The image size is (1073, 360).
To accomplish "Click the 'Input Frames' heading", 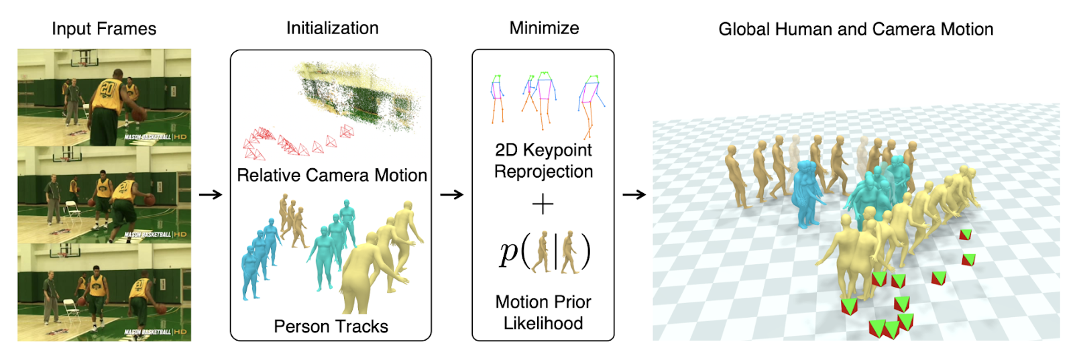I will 104,29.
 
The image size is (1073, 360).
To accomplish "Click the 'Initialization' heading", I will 332,28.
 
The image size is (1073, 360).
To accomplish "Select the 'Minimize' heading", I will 544,28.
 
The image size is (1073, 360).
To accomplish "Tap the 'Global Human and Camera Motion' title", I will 856,29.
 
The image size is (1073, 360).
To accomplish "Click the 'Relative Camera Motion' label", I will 332,176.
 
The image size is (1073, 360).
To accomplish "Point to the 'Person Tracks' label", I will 331,326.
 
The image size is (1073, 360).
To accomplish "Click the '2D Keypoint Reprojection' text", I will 543,161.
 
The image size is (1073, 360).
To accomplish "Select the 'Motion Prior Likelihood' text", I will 543,312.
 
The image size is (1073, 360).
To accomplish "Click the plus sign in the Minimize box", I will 543,204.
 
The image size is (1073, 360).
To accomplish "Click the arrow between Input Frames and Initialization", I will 211,195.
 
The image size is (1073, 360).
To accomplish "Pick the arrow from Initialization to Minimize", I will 451,195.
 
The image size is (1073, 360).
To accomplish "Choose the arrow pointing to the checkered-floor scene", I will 634,195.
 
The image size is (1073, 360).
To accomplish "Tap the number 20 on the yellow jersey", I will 108,88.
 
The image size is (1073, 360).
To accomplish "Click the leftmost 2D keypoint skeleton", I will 497,98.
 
